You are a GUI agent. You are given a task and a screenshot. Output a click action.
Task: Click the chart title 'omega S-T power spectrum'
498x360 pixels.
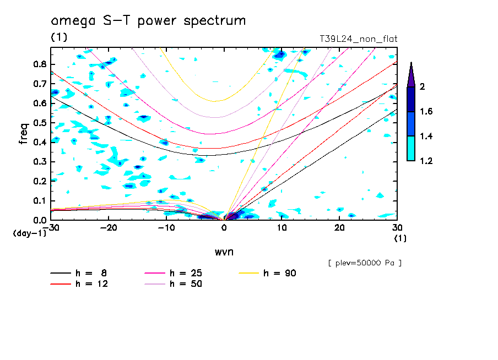click(x=148, y=21)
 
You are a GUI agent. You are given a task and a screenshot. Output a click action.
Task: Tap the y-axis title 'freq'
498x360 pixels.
click(x=24, y=133)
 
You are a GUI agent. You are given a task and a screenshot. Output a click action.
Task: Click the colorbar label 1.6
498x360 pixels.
click(x=426, y=112)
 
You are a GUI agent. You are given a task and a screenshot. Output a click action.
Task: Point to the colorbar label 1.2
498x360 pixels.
click(x=426, y=161)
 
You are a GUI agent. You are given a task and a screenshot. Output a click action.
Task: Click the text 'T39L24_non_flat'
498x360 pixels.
click(x=359, y=39)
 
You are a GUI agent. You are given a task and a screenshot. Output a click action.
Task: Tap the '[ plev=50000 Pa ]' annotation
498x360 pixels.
click(x=365, y=263)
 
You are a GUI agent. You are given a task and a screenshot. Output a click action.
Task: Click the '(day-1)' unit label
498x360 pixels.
click(x=30, y=233)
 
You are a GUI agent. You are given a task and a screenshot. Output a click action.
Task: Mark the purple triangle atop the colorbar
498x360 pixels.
click(x=410, y=74)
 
